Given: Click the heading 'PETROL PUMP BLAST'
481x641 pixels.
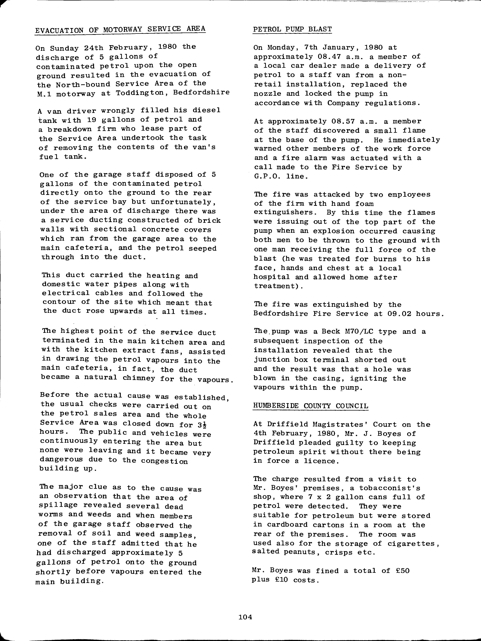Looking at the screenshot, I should [292, 29].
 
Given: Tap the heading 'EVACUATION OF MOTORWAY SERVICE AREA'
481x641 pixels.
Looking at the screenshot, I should [120, 29].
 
